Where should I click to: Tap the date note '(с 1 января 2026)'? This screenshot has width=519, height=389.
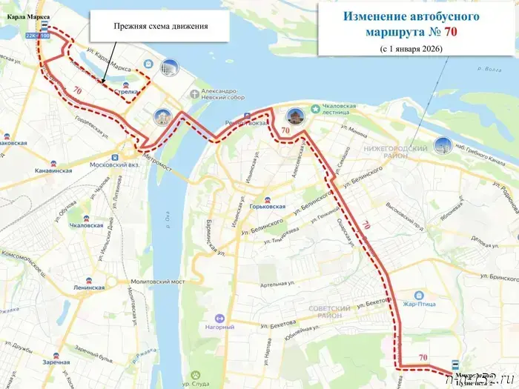coord(411,49)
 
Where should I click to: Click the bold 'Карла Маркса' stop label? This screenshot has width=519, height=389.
coord(26,15)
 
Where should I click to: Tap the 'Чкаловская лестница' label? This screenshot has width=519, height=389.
coord(338,110)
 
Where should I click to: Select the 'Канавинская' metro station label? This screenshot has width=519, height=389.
coord(53,170)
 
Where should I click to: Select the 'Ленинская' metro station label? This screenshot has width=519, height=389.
coord(89,287)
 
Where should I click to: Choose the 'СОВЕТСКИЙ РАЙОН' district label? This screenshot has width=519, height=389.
coord(329,312)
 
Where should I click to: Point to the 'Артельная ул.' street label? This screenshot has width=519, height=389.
coord(277,285)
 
